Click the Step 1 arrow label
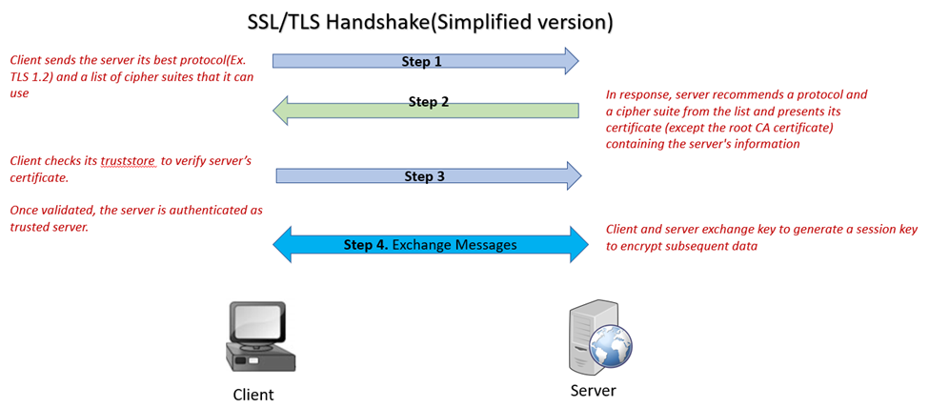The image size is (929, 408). (x=424, y=61)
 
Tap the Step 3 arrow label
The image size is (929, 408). (x=425, y=176)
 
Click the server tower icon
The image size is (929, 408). (x=584, y=337)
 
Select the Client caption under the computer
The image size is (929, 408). (x=253, y=395)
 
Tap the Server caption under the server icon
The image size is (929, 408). (x=593, y=391)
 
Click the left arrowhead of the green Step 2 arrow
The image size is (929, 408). (x=283, y=112)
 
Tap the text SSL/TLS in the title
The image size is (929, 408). (x=280, y=21)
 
